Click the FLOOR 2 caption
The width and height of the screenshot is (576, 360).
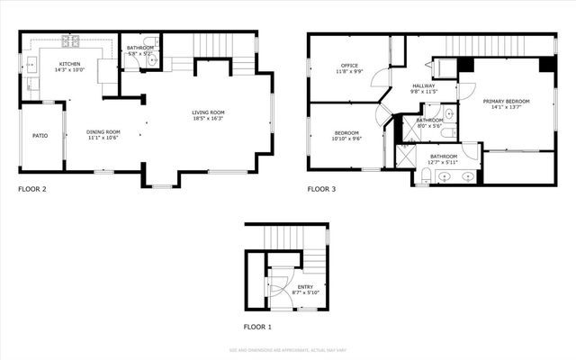click(x=33, y=189)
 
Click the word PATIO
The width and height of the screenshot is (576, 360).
click(x=40, y=136)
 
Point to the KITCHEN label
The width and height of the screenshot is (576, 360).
click(x=70, y=65)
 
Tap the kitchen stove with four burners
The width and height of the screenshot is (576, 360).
click(x=70, y=40)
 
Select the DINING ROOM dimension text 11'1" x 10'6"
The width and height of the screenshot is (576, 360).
click(x=103, y=139)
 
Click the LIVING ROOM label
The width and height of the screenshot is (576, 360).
click(x=208, y=112)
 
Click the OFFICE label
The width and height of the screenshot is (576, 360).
click(x=349, y=66)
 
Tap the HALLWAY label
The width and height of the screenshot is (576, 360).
click(x=424, y=85)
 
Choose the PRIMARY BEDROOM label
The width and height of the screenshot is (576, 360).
click(x=506, y=101)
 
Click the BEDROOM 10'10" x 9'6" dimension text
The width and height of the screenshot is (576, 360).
click(x=346, y=139)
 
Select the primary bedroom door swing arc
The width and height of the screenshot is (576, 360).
click(x=466, y=90)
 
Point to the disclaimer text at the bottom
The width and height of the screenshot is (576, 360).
click(x=288, y=349)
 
